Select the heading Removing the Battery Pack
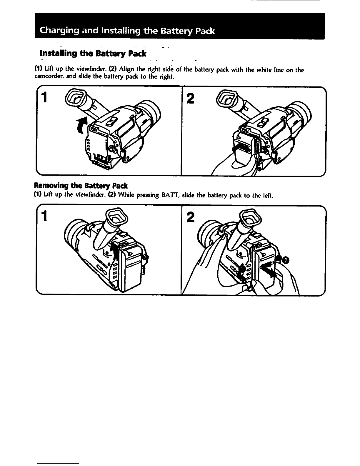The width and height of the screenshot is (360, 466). [x=81, y=186]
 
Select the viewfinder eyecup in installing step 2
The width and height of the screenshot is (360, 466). [x=226, y=99]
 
